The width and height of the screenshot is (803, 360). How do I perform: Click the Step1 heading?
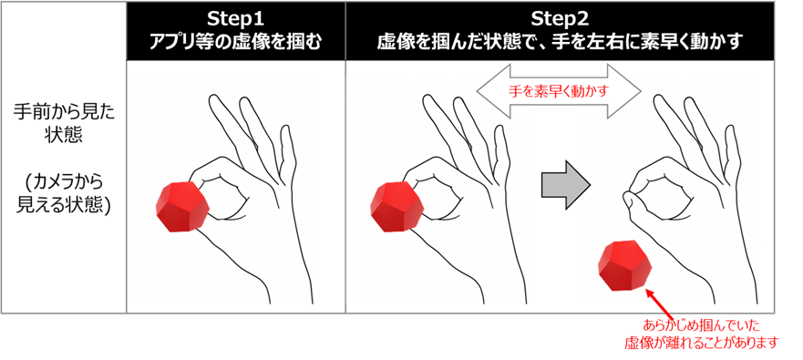[x=235, y=19]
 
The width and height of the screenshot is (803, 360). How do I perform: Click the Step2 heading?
[x=560, y=19]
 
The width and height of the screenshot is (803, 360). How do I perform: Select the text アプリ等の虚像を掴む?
[x=235, y=43]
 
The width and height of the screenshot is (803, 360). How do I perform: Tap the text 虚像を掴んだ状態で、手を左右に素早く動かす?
[x=560, y=43]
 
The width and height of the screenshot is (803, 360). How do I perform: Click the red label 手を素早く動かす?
[x=559, y=92]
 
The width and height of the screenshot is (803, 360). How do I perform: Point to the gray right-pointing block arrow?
[x=566, y=185]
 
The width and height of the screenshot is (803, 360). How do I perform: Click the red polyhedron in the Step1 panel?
[x=183, y=207]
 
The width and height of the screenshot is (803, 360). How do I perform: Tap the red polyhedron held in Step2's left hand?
[x=397, y=207]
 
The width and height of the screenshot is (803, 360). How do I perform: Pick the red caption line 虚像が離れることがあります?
[x=701, y=343]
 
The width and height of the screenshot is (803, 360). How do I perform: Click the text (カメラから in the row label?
[x=64, y=181]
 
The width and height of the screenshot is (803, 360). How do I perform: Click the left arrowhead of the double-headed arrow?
[x=489, y=91]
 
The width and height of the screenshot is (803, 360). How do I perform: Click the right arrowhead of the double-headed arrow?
[x=628, y=91]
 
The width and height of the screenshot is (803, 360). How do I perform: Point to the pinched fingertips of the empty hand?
[x=628, y=198]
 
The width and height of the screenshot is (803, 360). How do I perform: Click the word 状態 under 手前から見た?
[x=64, y=136]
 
